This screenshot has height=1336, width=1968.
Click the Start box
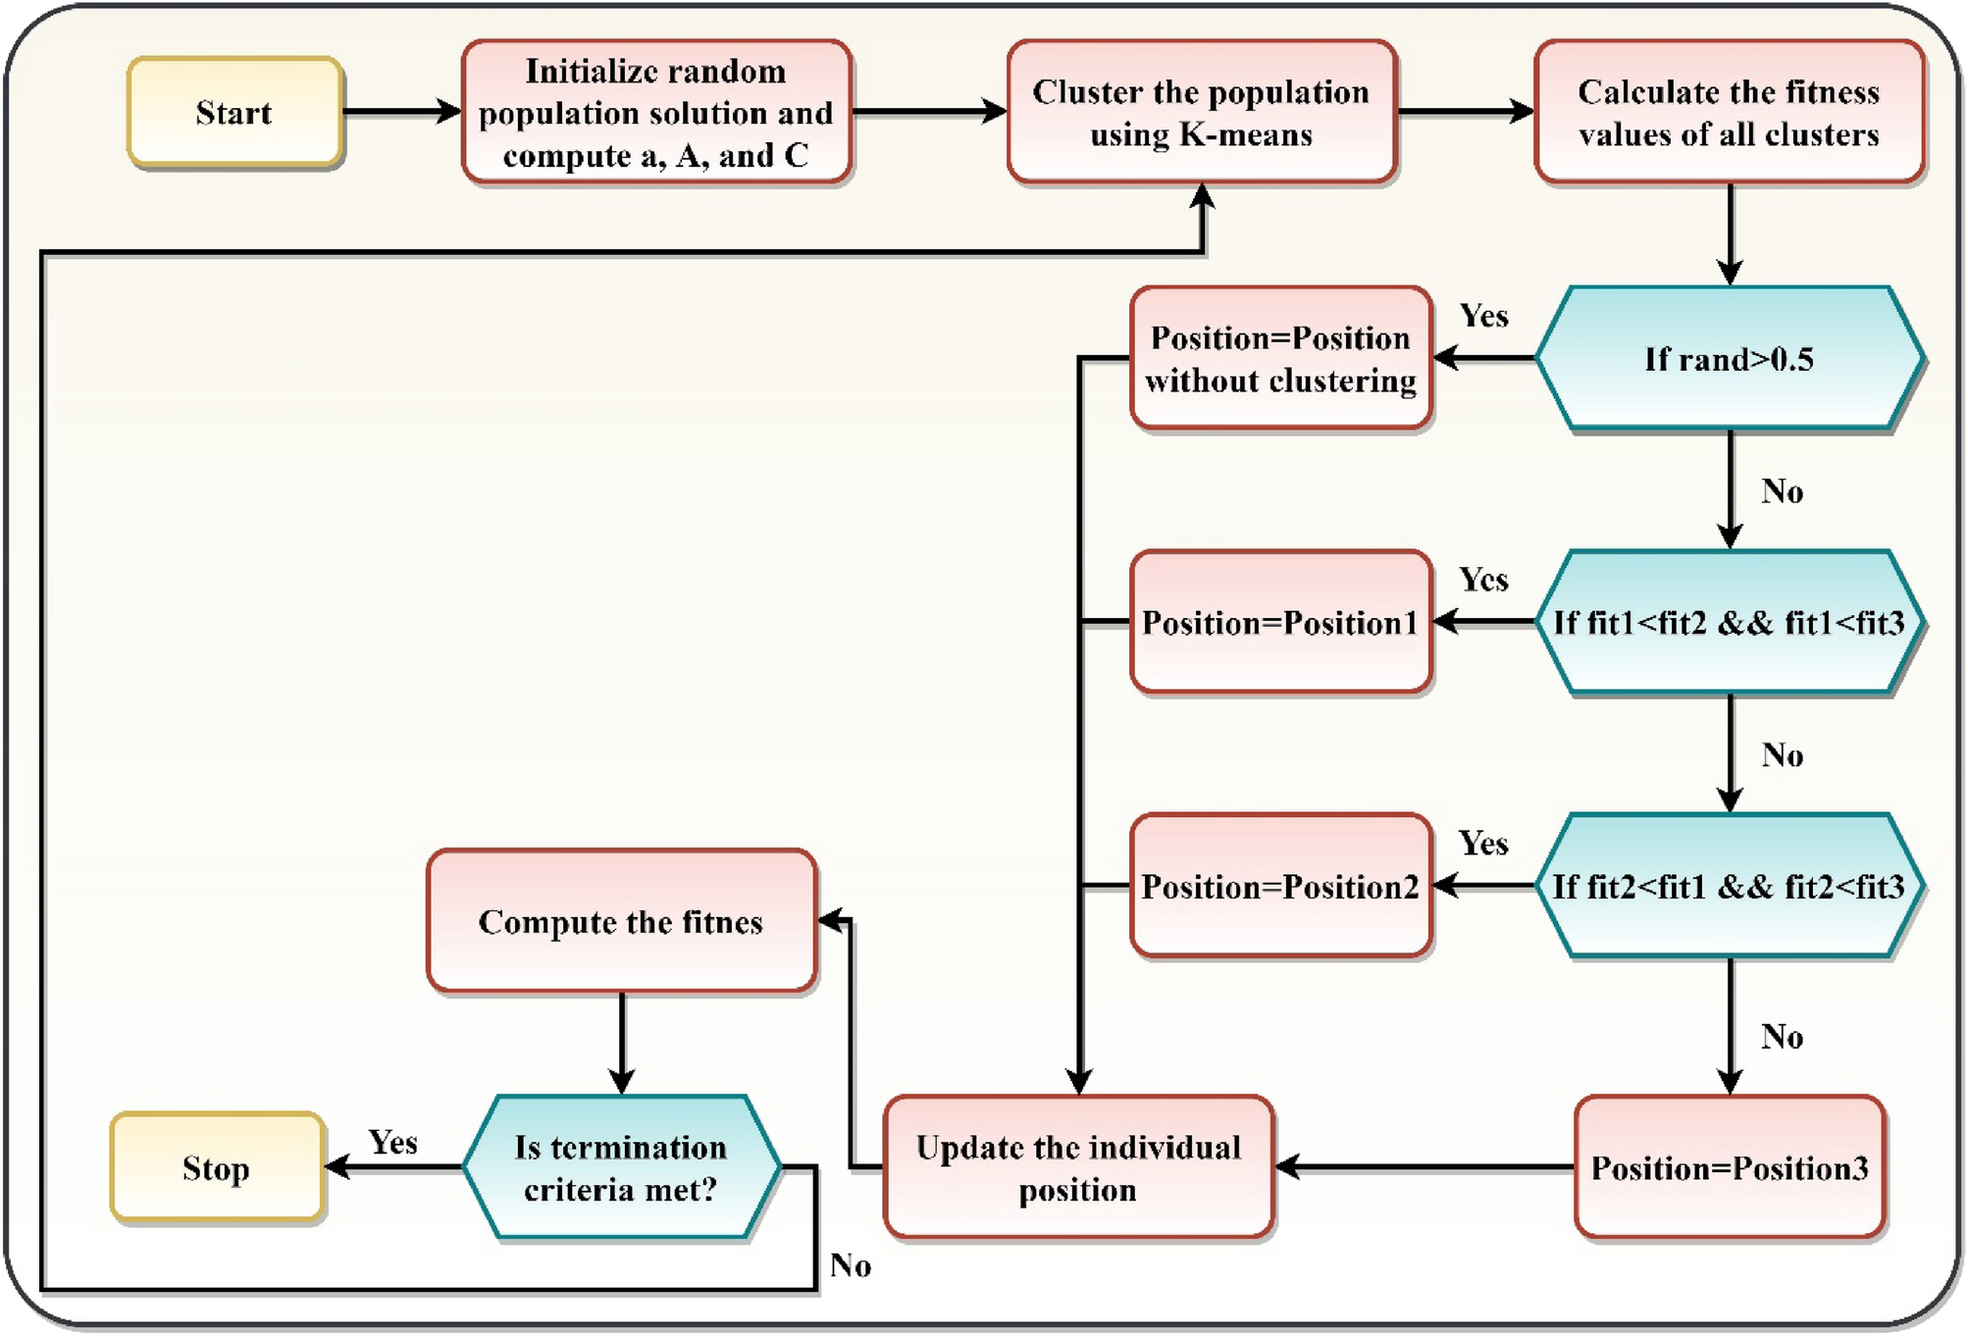coord(234,112)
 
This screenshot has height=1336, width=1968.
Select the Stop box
coord(217,1167)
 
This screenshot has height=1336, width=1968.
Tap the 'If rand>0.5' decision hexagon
coord(1729,359)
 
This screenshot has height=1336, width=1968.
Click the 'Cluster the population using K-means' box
coord(1201,112)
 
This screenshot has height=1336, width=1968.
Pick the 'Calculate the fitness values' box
coord(1729,112)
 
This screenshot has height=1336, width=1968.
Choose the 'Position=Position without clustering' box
coord(1280,359)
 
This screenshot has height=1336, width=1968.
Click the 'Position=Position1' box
coord(1280,622)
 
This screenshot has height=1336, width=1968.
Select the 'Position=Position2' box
coord(1280,886)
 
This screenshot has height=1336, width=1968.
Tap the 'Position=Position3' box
coord(1729,1167)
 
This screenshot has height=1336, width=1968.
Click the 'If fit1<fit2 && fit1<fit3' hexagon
coord(1729,622)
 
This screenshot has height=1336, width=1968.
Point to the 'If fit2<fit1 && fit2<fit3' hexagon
coord(1729,886)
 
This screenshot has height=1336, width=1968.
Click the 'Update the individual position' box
coord(1078,1167)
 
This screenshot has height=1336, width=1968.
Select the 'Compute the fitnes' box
coord(621,921)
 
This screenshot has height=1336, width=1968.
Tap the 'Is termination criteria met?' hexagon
coord(621,1167)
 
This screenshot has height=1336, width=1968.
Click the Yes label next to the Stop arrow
coord(392,1142)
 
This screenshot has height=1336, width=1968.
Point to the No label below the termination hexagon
coord(850,1265)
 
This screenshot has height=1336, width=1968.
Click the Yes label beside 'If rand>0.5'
coord(1483,316)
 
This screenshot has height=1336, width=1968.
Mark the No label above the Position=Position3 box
coord(1782,1037)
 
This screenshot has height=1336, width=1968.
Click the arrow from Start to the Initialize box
coord(401,112)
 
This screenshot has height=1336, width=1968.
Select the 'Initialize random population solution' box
coord(656,112)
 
